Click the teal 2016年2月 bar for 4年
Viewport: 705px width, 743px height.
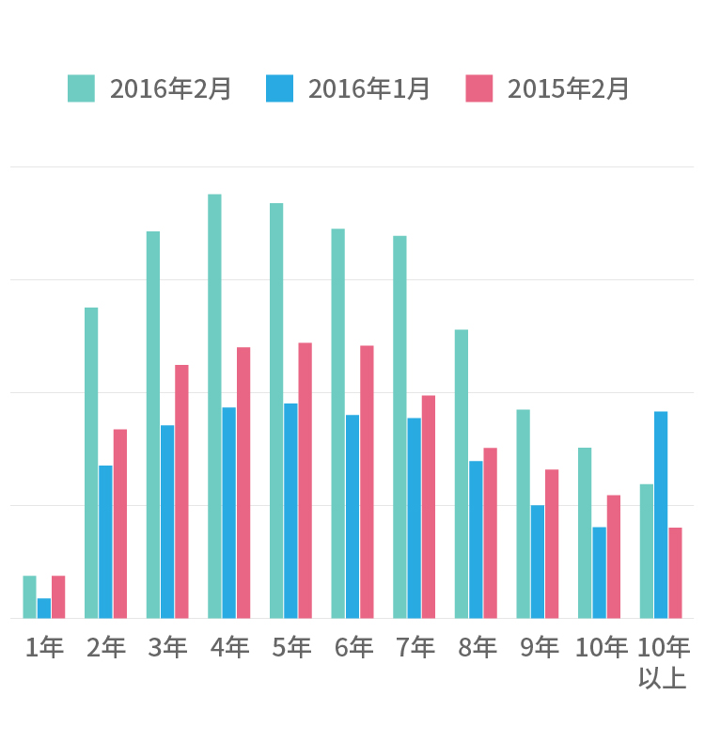pyautogui.click(x=214, y=406)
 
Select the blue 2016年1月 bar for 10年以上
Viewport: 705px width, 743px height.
pyautogui.click(x=661, y=514)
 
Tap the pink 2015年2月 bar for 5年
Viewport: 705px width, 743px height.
pyautogui.click(x=305, y=481)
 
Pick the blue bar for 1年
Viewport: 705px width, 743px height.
pyautogui.click(x=44, y=608)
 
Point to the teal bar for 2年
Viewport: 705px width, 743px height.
pyautogui.click(x=91, y=463)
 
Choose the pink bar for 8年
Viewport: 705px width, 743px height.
pyautogui.click(x=491, y=532)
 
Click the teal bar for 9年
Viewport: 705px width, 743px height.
pyautogui.click(x=523, y=514)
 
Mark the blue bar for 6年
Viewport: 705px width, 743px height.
pyautogui.click(x=352, y=516)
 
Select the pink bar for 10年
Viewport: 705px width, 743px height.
pyautogui.click(x=614, y=557)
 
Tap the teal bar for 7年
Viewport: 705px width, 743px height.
pyautogui.click(x=399, y=427)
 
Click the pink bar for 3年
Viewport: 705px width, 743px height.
pyautogui.click(x=181, y=491)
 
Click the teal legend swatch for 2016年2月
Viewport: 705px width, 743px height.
pyautogui.click(x=81, y=88)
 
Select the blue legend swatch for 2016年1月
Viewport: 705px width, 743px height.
pyautogui.click(x=280, y=88)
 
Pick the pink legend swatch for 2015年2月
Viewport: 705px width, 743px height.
pyautogui.click(x=479, y=88)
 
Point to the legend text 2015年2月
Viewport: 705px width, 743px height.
pyautogui.click(x=569, y=88)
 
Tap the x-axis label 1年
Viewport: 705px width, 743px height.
pyautogui.click(x=44, y=647)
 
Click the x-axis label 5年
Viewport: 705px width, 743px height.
pyautogui.click(x=290, y=647)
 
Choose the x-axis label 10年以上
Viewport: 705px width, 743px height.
pyautogui.click(x=663, y=662)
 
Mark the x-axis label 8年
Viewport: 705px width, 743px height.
pyautogui.click(x=477, y=647)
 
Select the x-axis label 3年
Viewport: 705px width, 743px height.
pyautogui.click(x=167, y=647)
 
